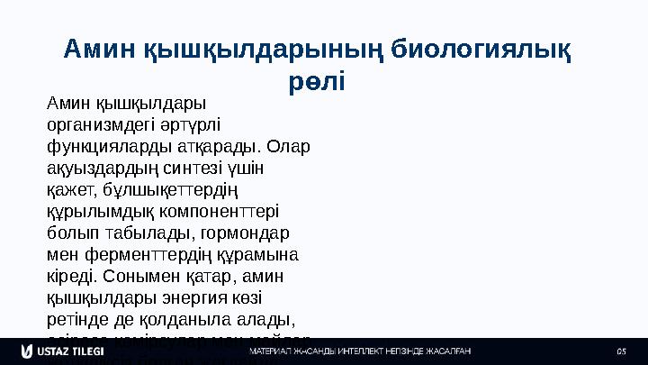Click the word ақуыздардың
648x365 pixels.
coord(96,168)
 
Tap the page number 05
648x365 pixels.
coord(620,351)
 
